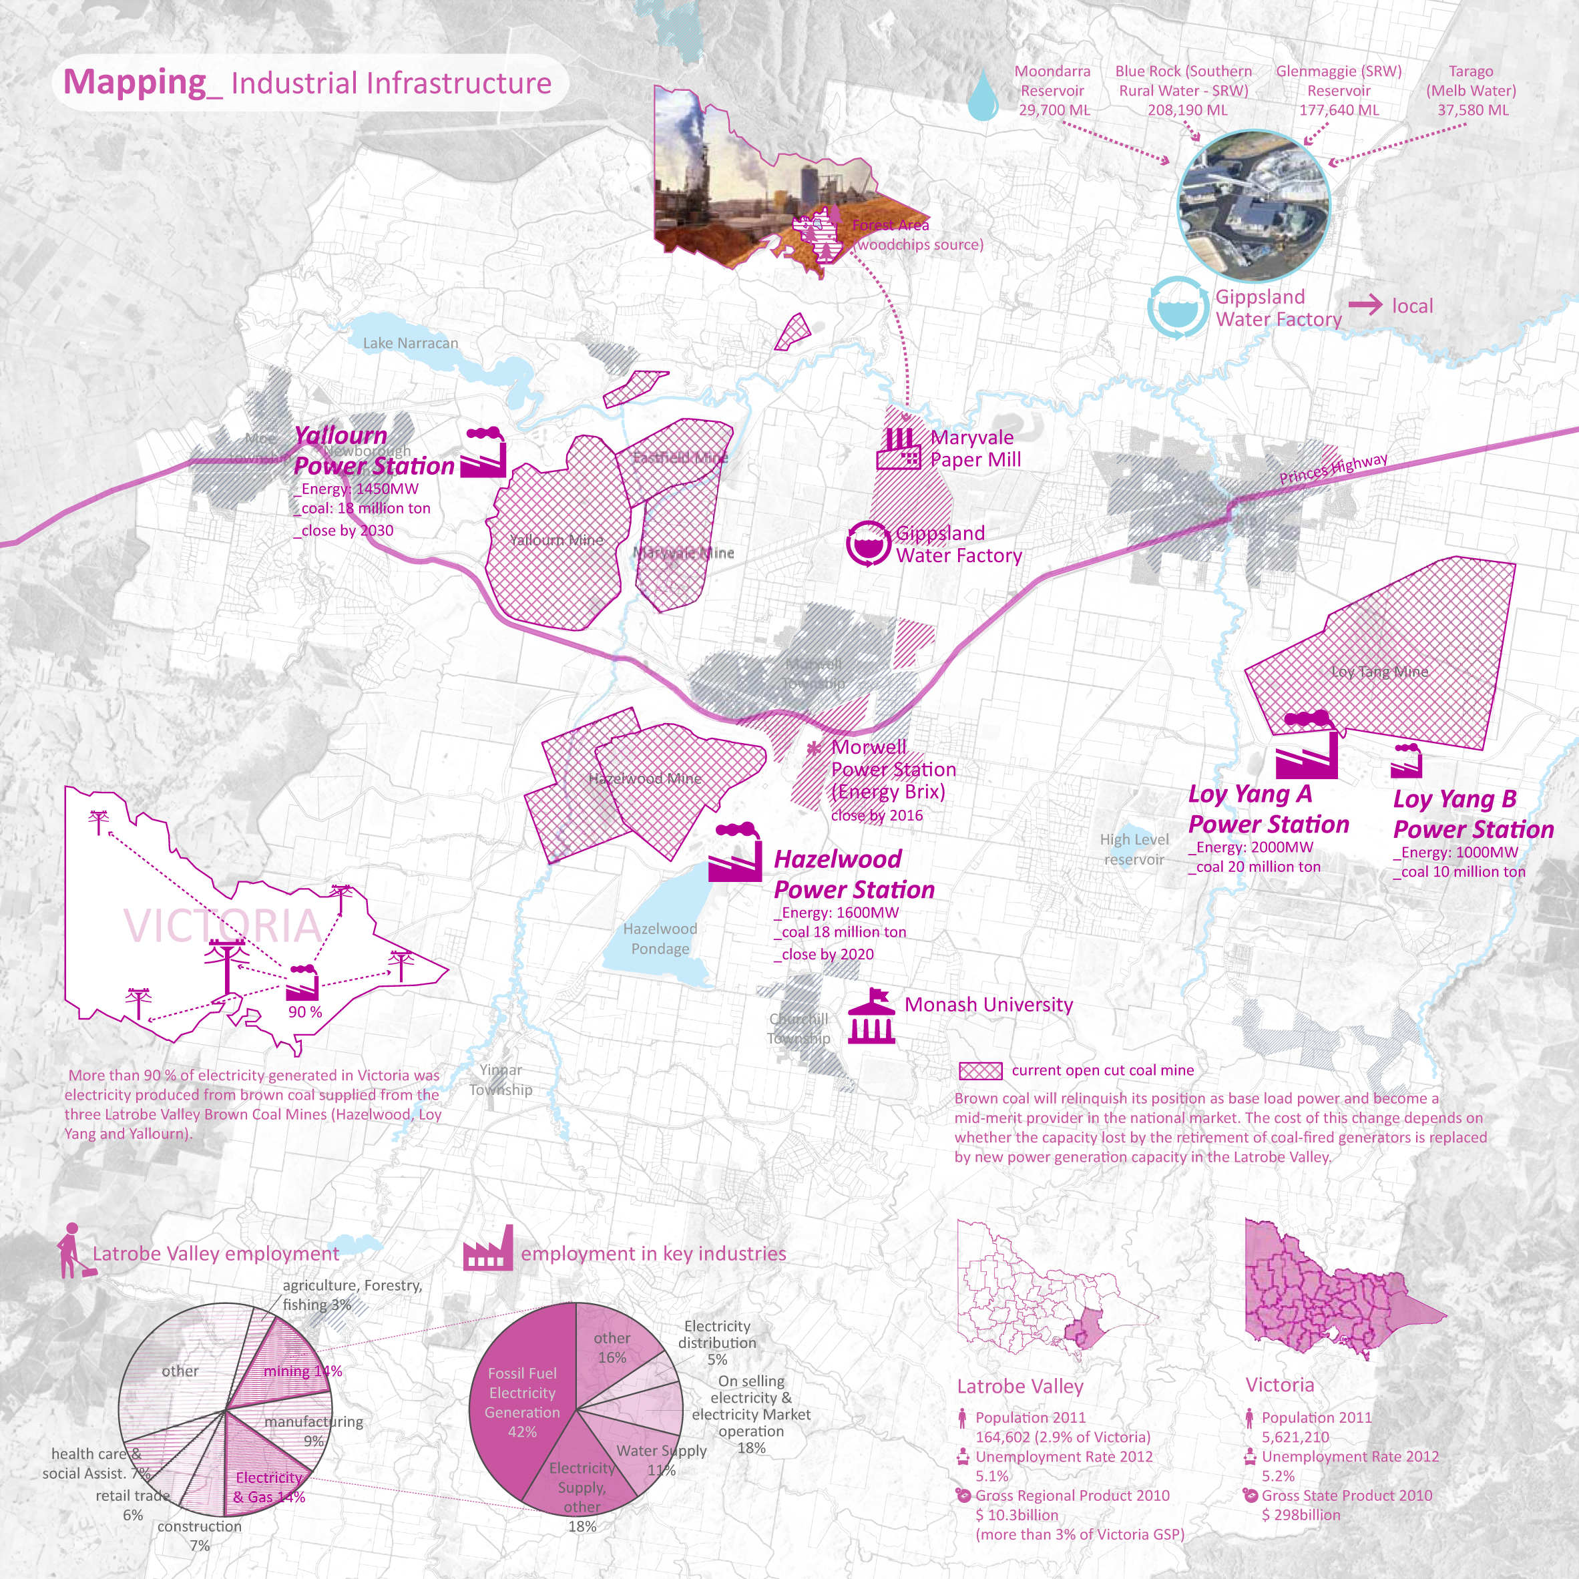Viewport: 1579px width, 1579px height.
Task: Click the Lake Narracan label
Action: [x=411, y=343]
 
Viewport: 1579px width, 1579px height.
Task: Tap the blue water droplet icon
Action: [x=983, y=95]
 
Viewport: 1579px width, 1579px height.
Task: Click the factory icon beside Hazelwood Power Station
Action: [x=734, y=853]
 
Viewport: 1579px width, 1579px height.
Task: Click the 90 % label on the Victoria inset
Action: [x=305, y=1011]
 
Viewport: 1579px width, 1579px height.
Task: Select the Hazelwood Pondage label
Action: [x=660, y=938]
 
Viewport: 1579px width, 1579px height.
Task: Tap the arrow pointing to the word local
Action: [x=1365, y=306]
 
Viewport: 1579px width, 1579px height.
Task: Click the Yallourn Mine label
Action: [x=557, y=539]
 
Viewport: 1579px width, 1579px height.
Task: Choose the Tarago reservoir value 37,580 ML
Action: [x=1473, y=110]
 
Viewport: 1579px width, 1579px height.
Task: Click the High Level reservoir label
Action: [x=1134, y=849]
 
